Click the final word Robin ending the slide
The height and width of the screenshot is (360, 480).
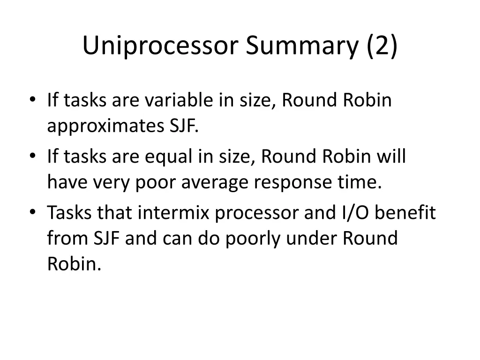click(74, 265)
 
